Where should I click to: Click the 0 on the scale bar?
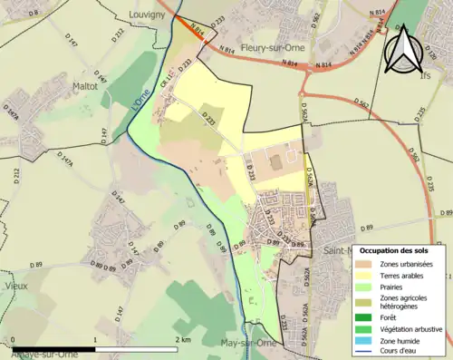pyautogui.click(x=14, y=340)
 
